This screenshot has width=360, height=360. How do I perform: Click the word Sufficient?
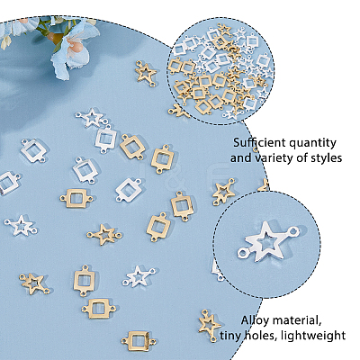coord(259,142)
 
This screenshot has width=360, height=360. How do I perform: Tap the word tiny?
coord(230,335)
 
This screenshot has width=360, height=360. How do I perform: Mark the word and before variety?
coord(241,157)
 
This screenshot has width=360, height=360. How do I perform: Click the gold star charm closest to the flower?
coord(146,74)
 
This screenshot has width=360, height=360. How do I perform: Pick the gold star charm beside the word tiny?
coord(210,326)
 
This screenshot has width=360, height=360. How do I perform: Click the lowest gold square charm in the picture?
coord(139,340)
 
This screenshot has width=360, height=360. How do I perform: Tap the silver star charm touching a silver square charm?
coord(93,118)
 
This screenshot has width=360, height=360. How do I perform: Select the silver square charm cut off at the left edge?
coord(8,182)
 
